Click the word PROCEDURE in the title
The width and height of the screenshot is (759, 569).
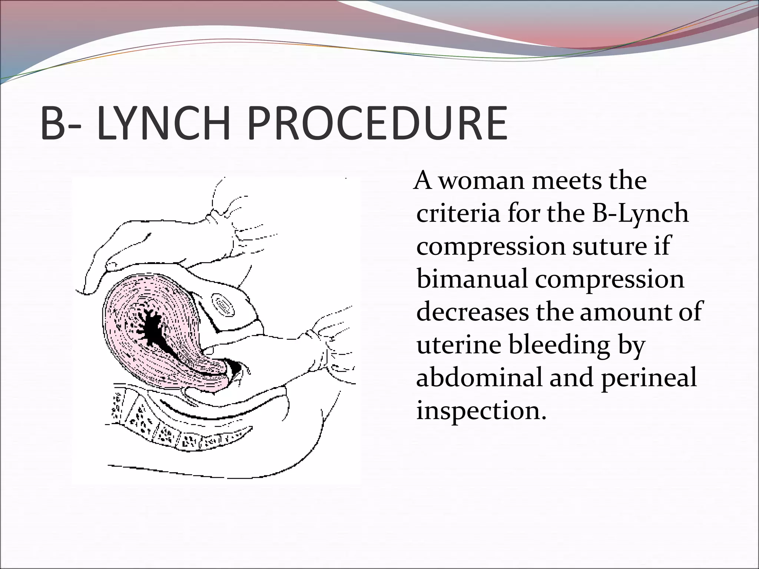tap(377, 123)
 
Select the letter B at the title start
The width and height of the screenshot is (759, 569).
tap(53, 123)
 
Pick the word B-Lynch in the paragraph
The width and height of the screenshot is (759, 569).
tap(640, 214)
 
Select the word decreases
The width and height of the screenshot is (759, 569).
tap(473, 312)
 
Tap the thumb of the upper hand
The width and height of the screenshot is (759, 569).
tap(111, 265)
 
